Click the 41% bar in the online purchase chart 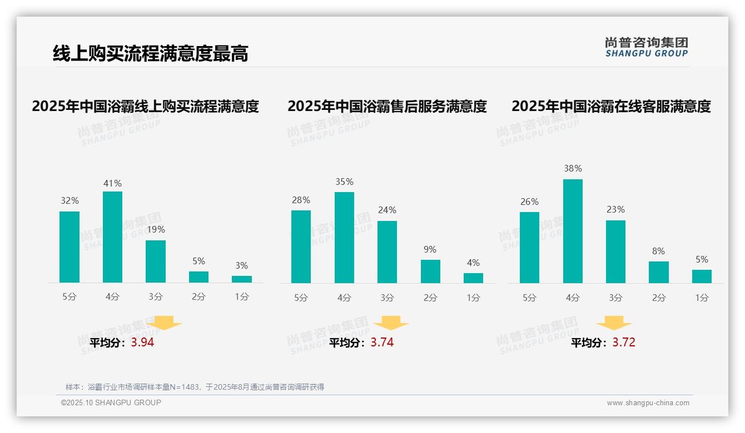click(112, 237)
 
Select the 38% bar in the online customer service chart click(573, 231)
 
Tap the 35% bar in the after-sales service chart click(344, 238)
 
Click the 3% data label click(241, 266)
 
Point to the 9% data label click(430, 250)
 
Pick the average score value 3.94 click(142, 343)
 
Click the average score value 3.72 click(624, 343)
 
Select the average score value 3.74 click(382, 343)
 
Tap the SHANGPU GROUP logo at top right click(646, 47)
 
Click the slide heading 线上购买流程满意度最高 click(150, 53)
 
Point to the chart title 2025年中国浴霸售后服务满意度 click(387, 106)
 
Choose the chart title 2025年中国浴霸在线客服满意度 click(611, 106)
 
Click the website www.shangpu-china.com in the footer click(648, 403)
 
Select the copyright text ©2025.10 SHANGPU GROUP click(111, 402)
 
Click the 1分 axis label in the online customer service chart click(702, 298)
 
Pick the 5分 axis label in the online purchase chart click(69, 297)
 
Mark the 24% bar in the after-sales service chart click(387, 252)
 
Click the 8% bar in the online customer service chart click(658, 272)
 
